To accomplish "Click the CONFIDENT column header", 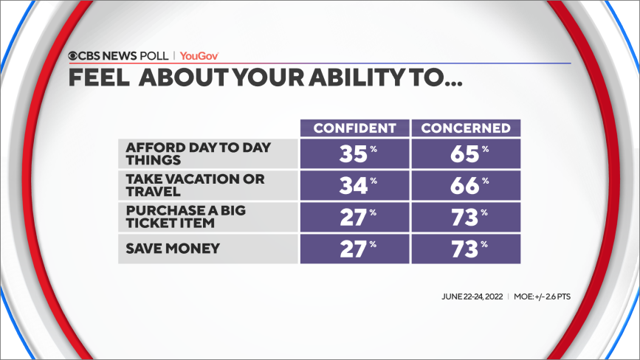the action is point(354,128).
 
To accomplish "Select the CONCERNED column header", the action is point(466,128).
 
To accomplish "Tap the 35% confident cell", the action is point(354,153).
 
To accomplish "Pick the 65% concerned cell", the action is point(466,153).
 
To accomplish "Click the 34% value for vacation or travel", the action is point(354,185).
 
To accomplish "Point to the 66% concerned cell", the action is point(466,185).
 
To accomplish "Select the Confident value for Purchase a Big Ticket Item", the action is point(354,217).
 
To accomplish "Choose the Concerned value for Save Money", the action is point(466,249).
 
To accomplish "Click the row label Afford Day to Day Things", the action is point(199,153).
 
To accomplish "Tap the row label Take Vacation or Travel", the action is point(195,185).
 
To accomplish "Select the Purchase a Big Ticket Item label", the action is point(186,216).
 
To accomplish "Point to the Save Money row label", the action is point(173,249).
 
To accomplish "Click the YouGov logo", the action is point(199,56).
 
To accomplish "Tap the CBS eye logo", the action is point(72,56).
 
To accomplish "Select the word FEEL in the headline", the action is point(99,77).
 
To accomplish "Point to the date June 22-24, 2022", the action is point(472,297).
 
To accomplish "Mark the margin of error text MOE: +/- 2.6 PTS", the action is point(542,297).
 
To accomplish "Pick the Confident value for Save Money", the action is point(354,249).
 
